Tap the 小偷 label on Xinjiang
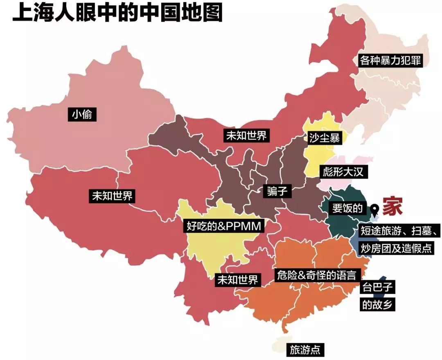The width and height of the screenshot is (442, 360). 83,115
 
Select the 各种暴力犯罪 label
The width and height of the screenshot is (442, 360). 390,61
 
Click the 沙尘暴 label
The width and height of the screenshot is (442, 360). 324,138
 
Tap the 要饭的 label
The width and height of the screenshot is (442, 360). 347,208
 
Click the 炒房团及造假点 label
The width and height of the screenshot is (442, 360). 396,248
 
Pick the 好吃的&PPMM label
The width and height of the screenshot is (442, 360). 223,226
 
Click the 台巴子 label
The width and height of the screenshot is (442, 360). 378,287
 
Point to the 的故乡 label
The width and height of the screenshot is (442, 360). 378,305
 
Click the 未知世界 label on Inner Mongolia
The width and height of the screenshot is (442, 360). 246,136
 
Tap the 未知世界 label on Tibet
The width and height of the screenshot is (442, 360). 111,196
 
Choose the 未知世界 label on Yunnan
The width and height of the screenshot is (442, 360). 237,280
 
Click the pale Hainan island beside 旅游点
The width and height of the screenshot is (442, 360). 280,345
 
